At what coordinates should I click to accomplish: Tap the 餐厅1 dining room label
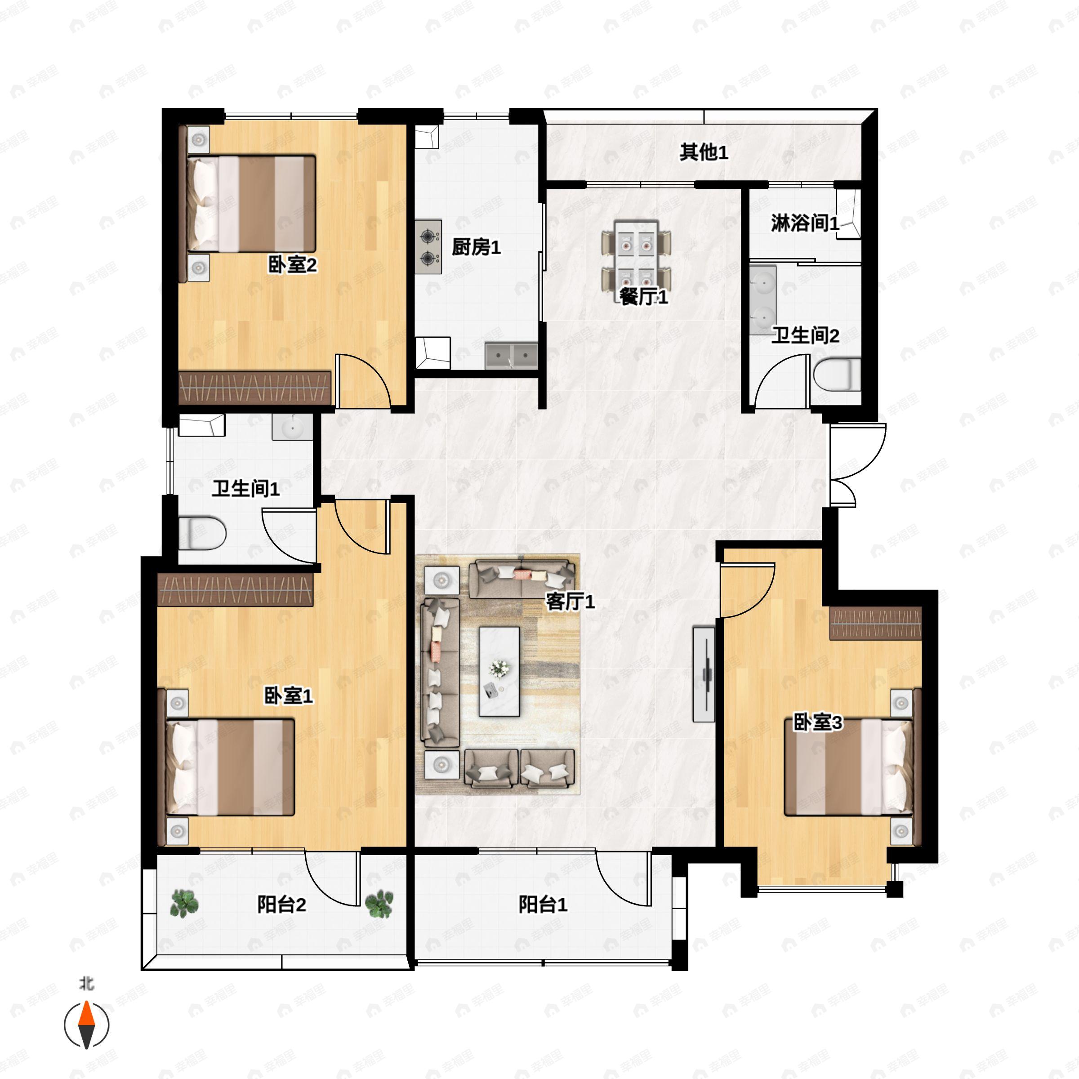(643, 297)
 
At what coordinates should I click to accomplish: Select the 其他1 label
(704, 152)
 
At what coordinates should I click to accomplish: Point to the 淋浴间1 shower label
(805, 223)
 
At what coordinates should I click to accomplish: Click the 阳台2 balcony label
(281, 904)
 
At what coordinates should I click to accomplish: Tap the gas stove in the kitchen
(428, 247)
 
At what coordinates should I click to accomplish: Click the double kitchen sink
(511, 355)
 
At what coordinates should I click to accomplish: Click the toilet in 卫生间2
(837, 374)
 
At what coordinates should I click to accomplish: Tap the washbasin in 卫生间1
(292, 428)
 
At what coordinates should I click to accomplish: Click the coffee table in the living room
(499, 672)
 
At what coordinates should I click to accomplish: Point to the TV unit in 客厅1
(704, 674)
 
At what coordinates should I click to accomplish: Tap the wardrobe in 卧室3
(875, 623)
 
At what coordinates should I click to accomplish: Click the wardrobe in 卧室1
(235, 589)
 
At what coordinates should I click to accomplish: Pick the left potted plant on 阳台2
(184, 904)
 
